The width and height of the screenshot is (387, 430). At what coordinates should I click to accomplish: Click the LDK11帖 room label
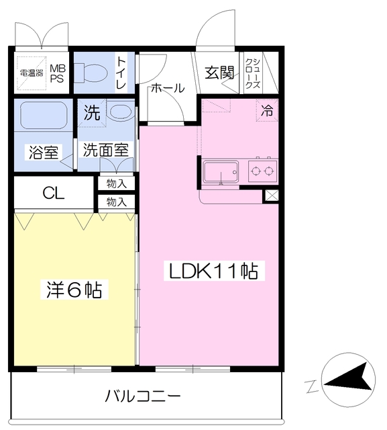click(213, 271)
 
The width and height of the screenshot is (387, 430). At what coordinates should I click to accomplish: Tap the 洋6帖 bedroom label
click(74, 290)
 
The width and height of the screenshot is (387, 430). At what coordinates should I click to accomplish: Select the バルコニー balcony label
click(142, 396)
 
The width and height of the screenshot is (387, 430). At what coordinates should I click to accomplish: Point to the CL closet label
click(54, 193)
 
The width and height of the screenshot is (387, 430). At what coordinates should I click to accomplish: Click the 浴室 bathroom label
click(42, 152)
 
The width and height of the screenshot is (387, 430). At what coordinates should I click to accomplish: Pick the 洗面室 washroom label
click(105, 150)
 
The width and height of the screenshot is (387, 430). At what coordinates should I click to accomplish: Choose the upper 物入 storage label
click(117, 183)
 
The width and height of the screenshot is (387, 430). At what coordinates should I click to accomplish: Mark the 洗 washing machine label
click(91, 113)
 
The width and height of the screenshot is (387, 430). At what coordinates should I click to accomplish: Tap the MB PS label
click(56, 73)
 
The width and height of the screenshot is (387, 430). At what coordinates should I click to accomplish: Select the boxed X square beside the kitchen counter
click(272, 196)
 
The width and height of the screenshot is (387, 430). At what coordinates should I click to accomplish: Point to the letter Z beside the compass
click(311, 386)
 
